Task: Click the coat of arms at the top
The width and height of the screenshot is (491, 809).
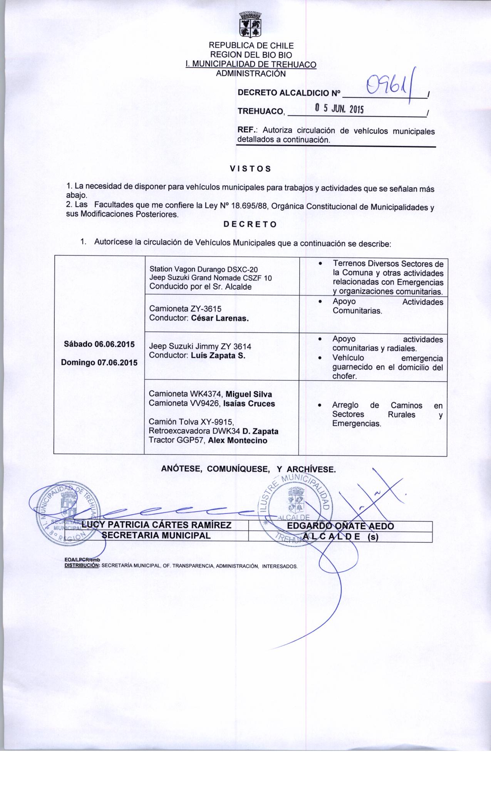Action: tap(250, 25)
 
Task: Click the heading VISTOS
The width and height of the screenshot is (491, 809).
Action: tap(250, 169)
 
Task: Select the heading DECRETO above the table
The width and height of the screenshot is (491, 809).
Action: tap(250, 225)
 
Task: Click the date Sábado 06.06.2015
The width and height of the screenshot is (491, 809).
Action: tap(99, 344)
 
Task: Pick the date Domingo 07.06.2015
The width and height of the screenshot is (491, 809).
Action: tap(99, 363)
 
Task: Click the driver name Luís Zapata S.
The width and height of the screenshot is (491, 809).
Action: tap(218, 356)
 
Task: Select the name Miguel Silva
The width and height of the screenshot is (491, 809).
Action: tap(249, 394)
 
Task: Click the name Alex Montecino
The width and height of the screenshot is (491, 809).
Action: tap(238, 441)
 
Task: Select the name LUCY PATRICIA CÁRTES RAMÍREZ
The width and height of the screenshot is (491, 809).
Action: tap(156, 525)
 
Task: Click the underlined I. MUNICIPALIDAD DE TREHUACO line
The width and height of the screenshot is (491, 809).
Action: tap(251, 64)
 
